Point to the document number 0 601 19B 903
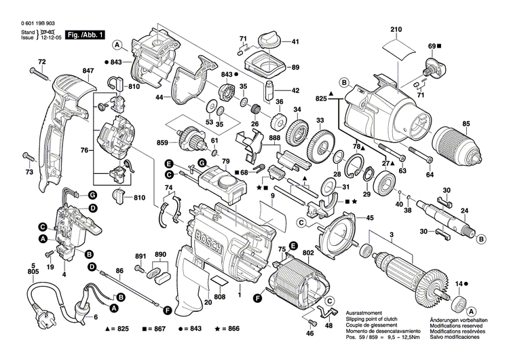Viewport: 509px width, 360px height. tap(32, 23)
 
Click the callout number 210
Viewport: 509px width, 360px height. tap(396, 29)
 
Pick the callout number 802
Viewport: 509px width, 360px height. tap(307, 253)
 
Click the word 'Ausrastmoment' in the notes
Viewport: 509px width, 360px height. tap(364, 308)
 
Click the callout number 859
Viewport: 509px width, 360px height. tap(162, 144)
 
